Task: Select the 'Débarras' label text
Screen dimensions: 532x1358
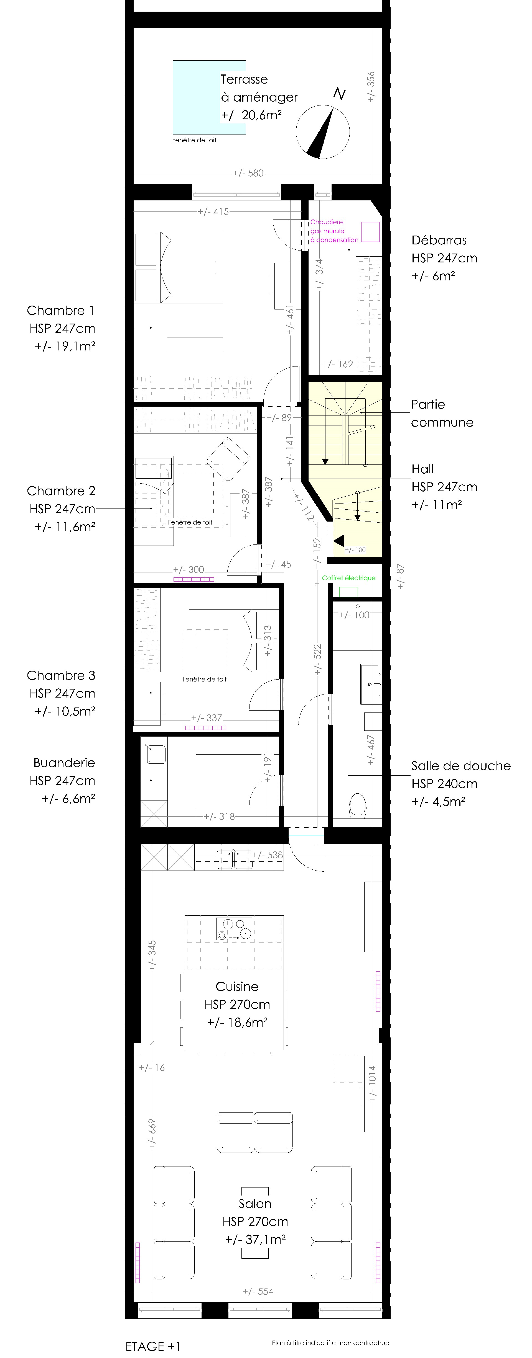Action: pyautogui.click(x=439, y=240)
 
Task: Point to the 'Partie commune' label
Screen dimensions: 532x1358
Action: pyautogui.click(x=442, y=413)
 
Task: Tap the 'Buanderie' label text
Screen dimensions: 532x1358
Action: pyautogui.click(x=64, y=763)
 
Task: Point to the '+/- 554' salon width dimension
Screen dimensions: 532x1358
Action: pyautogui.click(x=258, y=1291)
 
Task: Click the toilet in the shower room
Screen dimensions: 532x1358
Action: pyautogui.click(x=358, y=805)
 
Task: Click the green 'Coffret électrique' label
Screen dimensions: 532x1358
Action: pyautogui.click(x=349, y=578)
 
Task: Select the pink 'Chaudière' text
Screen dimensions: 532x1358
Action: pyautogui.click(x=326, y=222)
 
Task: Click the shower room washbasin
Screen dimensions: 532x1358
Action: pyautogui.click(x=370, y=684)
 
